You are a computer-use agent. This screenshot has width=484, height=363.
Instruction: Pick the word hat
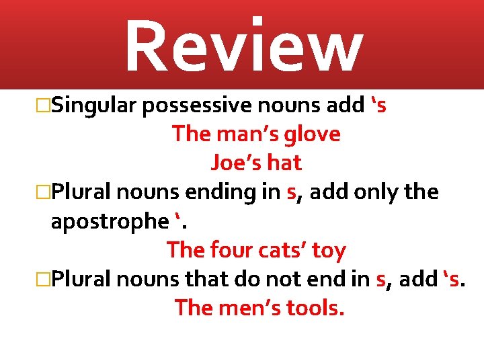pos(284,163)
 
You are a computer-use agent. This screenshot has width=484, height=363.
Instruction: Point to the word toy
pos(329,251)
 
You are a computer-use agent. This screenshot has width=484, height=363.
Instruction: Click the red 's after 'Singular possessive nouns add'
pos(378,106)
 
